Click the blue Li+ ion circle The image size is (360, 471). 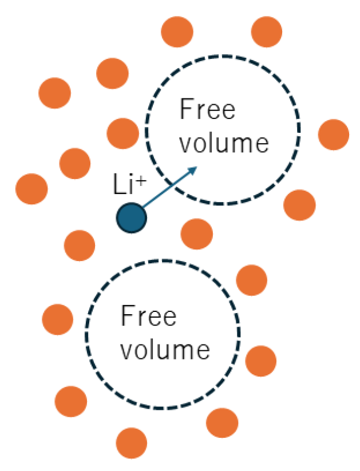pyautogui.click(x=132, y=217)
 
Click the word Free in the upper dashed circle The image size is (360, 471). pyautogui.click(x=207, y=109)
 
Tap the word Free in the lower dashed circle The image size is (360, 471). pyautogui.click(x=149, y=316)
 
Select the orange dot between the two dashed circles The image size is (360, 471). pyautogui.click(x=196, y=233)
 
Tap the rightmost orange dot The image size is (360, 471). pyautogui.click(x=333, y=134)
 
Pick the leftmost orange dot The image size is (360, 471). pyautogui.click(x=31, y=188)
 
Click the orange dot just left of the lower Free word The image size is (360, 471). pyautogui.click(x=58, y=319)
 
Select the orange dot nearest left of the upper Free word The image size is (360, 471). pyautogui.click(x=122, y=133)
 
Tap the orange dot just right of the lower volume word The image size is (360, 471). pyautogui.click(x=260, y=361)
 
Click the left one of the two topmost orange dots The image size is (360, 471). pyautogui.click(x=177, y=31)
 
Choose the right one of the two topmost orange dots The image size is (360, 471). pyautogui.click(x=267, y=31)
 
